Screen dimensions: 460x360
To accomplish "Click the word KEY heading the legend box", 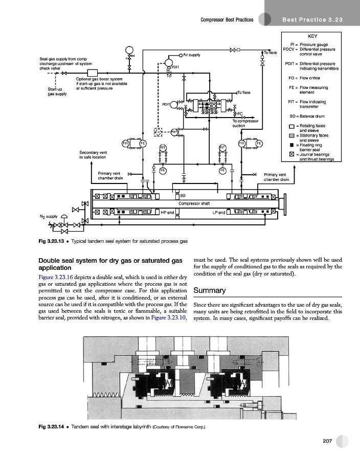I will pos(312,37).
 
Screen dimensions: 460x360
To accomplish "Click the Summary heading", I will pos(210,290).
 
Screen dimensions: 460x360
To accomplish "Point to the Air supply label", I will pos(193,54).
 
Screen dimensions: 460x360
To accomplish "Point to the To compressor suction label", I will pos(245,123).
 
